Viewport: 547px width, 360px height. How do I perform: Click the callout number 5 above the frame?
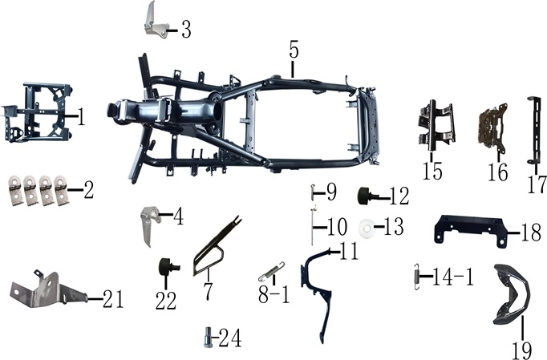point(294,50)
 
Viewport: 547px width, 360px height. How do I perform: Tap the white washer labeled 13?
point(367,229)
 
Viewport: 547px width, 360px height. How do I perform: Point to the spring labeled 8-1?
point(271,271)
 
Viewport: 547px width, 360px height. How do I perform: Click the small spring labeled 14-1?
point(416,276)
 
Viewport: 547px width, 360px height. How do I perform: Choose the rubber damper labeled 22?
point(168,267)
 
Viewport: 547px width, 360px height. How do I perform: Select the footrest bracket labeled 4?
point(148,225)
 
